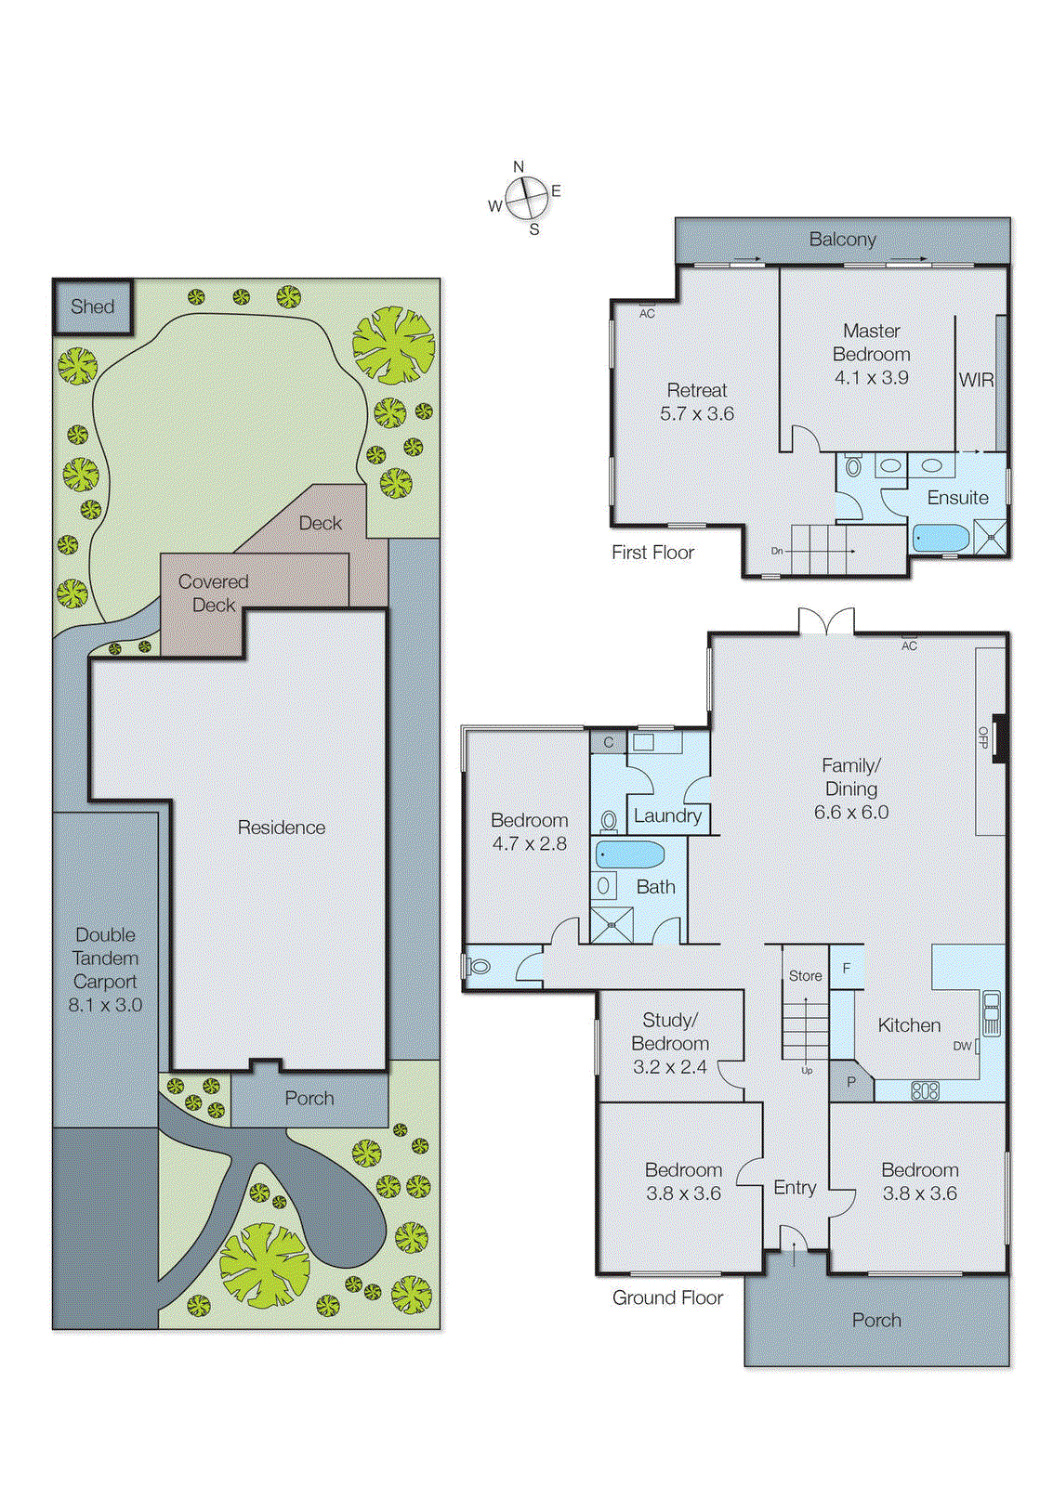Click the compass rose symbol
click(x=526, y=198)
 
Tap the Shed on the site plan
click(x=93, y=306)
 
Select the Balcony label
click(x=842, y=240)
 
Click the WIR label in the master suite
click(x=976, y=380)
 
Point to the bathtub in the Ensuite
click(x=941, y=538)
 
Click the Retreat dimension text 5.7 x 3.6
click(x=697, y=414)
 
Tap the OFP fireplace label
click(x=982, y=737)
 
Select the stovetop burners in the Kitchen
click(x=925, y=1091)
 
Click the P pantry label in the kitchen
click(x=850, y=1082)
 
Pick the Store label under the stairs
click(x=805, y=976)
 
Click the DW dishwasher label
click(x=962, y=1046)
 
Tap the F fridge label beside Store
click(x=847, y=969)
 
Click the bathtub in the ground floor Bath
click(x=629, y=854)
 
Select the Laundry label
click(x=667, y=816)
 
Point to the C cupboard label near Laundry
click(x=608, y=742)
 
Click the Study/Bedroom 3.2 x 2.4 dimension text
click(x=669, y=1067)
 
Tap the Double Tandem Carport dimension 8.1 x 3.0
click(x=105, y=1005)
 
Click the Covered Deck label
click(x=214, y=593)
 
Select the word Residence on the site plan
click(x=282, y=828)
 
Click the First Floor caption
click(x=652, y=553)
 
